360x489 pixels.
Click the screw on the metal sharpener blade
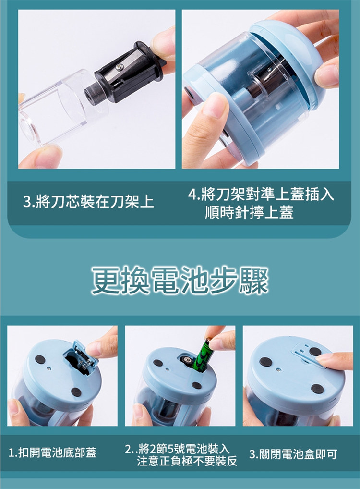(120, 66)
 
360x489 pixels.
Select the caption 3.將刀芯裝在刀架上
(88, 201)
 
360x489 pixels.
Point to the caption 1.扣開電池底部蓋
(52, 452)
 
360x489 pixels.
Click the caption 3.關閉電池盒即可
(293, 454)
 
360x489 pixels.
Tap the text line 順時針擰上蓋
(249, 212)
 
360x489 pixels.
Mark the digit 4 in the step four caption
(192, 195)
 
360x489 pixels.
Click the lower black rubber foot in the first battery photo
(76, 391)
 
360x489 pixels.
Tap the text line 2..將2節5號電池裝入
(177, 449)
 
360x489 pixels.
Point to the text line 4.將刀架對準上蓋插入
(261, 195)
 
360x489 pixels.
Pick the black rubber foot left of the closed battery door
(265, 362)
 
